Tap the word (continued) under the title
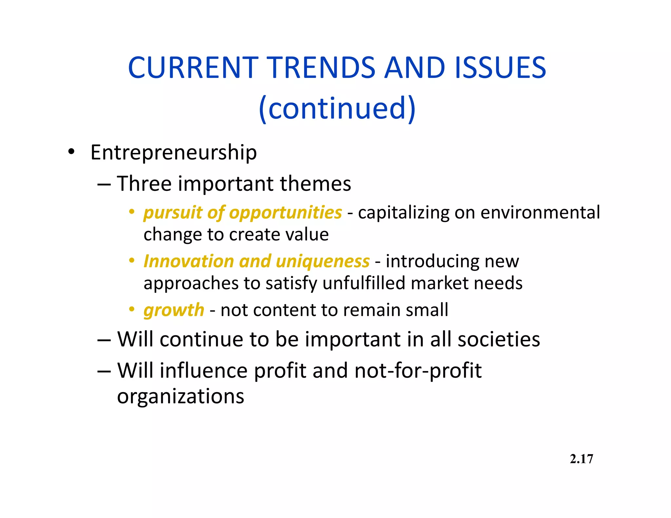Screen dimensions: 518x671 [x=337, y=108]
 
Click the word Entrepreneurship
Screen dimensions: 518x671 [x=174, y=153]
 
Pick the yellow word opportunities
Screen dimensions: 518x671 [x=285, y=213]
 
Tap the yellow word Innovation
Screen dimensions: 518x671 [x=189, y=261]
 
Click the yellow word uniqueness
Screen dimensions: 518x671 [x=323, y=261]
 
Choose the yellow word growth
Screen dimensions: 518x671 [x=174, y=310]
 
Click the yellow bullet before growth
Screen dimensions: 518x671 [x=132, y=309]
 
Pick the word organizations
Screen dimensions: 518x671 [x=181, y=396]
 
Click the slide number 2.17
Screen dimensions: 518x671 [x=581, y=459]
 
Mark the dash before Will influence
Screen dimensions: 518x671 [x=104, y=371]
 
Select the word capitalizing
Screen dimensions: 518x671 [x=403, y=212]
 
